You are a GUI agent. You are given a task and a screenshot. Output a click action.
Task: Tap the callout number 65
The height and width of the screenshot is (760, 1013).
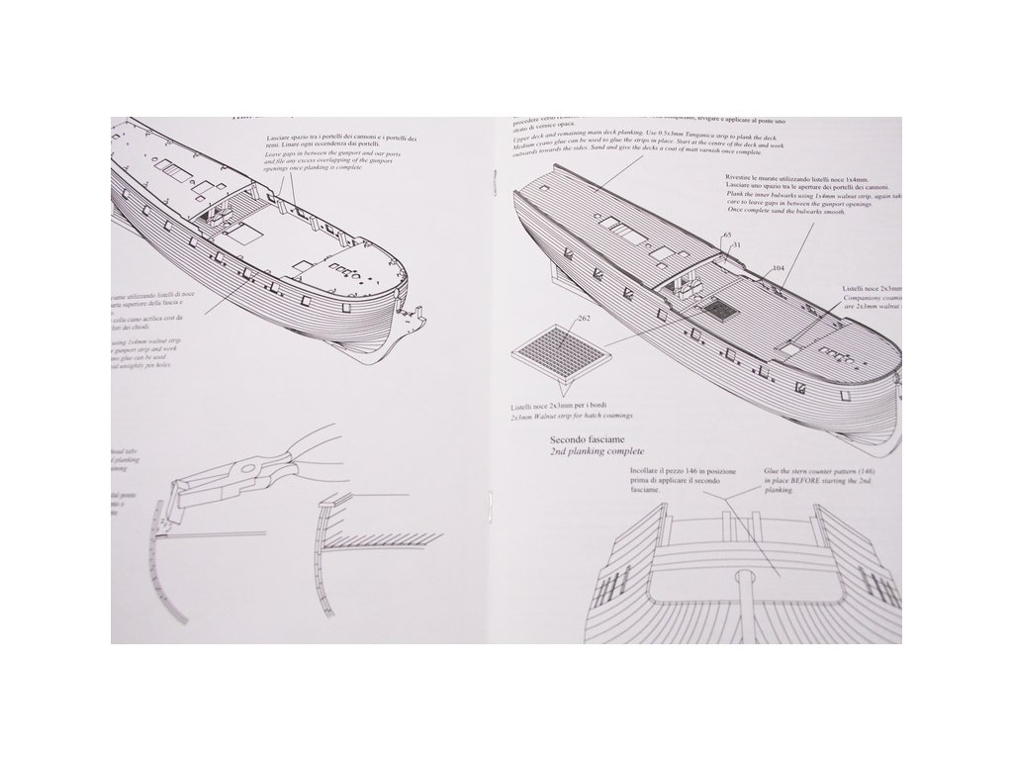727,235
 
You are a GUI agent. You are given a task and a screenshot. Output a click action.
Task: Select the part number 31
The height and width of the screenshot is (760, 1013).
737,244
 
